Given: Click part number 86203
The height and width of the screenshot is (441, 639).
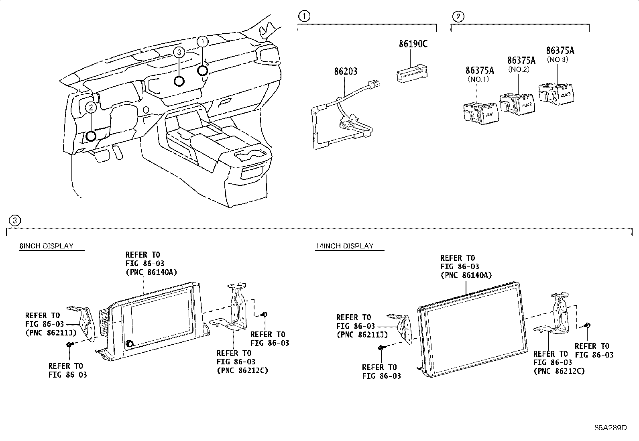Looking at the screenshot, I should (346, 71).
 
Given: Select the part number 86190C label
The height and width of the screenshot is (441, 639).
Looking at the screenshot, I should (413, 44).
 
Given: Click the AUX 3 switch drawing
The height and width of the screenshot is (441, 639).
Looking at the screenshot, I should (556, 94).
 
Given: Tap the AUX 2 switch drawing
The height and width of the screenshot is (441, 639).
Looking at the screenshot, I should (517, 104).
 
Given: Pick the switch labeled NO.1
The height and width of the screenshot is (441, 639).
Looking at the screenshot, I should (480, 113).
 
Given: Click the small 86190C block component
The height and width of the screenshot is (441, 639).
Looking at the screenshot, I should (411, 74).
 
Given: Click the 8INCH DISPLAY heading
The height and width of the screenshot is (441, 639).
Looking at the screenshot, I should (47, 246).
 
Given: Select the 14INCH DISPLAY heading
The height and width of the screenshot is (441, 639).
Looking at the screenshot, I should (345, 246).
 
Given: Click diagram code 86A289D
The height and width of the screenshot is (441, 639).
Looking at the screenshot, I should (611, 427).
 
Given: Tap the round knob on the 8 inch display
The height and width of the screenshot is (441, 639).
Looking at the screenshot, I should (130, 344).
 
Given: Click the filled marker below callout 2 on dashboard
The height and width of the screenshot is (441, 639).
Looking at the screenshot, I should (92, 136).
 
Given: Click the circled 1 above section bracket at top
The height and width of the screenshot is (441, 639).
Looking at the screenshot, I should (304, 16).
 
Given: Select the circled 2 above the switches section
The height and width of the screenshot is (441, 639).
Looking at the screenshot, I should (458, 16).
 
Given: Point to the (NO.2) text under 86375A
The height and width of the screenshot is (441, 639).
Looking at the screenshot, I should (519, 69).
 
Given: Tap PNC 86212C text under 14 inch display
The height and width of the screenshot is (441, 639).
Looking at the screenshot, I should (559, 371).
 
